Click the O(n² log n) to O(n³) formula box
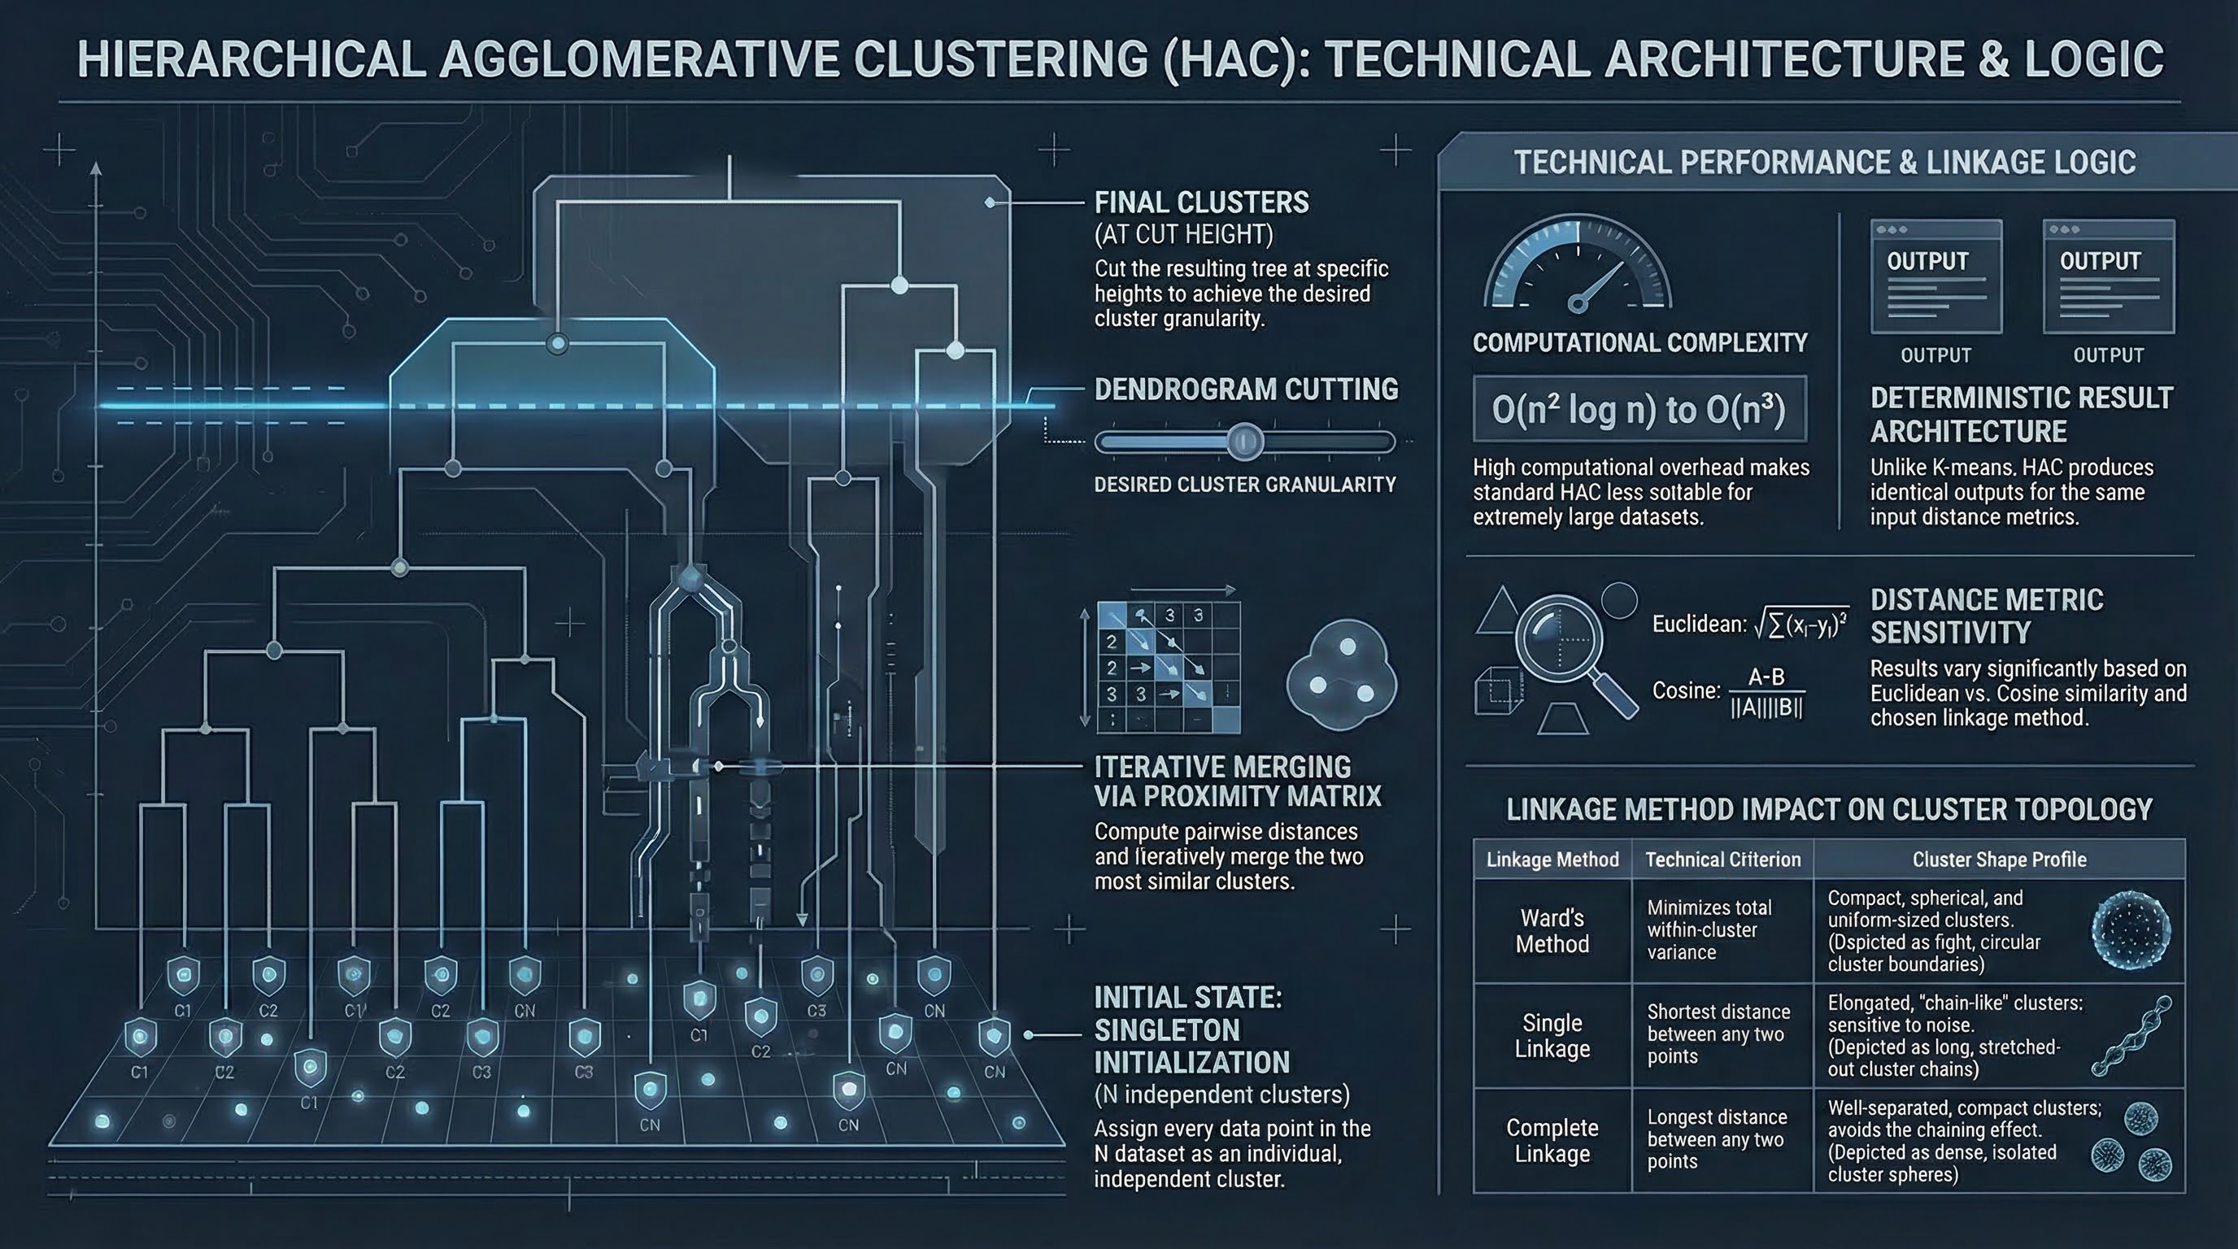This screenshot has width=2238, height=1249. click(1639, 409)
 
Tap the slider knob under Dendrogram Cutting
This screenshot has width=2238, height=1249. click(1244, 442)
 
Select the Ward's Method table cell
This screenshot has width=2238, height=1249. click(1552, 931)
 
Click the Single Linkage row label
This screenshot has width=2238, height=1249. click(1552, 1035)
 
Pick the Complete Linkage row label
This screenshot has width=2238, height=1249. click(1552, 1140)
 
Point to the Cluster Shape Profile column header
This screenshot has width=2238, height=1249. click(1999, 860)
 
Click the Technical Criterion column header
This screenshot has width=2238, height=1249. click(1722, 860)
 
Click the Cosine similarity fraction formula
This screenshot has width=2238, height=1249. click(1766, 692)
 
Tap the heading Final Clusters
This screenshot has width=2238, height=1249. click(1201, 203)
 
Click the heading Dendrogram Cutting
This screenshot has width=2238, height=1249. click(1246, 389)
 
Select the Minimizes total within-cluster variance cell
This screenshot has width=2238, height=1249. click(1709, 930)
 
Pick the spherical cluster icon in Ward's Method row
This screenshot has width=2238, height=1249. click(2131, 933)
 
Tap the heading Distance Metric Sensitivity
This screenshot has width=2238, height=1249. click(1986, 616)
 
